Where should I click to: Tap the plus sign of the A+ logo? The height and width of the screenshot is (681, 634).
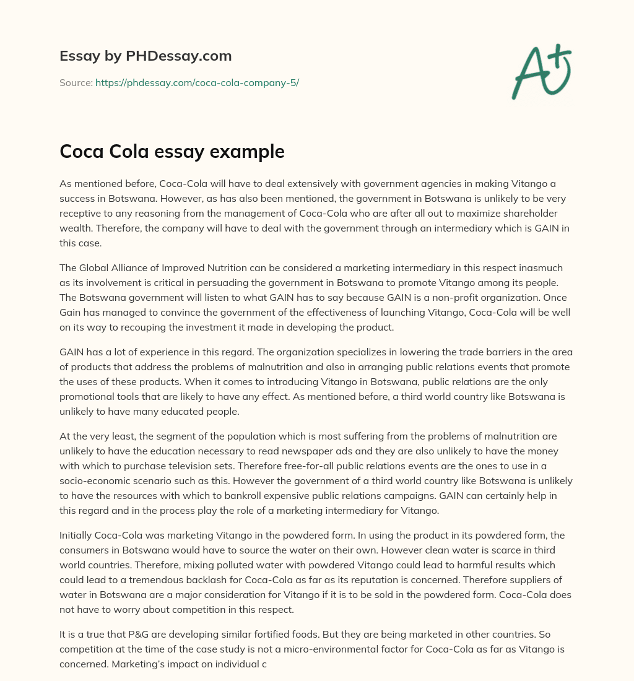pyautogui.click(x=560, y=58)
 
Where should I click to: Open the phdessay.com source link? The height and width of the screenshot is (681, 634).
pyautogui.click(x=197, y=82)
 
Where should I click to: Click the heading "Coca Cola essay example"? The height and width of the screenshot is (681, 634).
pyautogui.click(x=172, y=152)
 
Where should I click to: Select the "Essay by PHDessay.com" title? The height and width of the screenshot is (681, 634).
pyautogui.click(x=145, y=56)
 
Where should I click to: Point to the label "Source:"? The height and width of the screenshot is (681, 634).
pyautogui.click(x=76, y=82)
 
